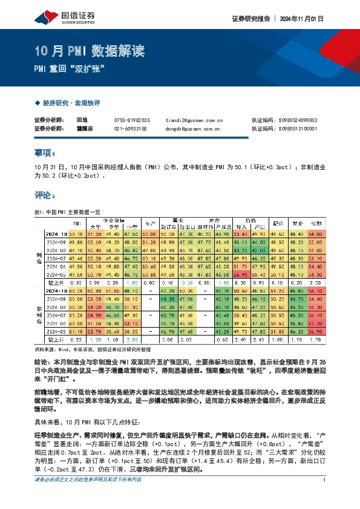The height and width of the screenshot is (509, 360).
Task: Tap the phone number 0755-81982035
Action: click(132, 120)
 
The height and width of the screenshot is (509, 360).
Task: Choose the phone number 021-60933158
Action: click(132, 128)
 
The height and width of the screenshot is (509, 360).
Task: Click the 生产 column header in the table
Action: click(151, 223)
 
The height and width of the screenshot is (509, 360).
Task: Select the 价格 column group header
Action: click(250, 221)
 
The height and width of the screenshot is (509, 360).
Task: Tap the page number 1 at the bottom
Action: click(325, 497)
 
